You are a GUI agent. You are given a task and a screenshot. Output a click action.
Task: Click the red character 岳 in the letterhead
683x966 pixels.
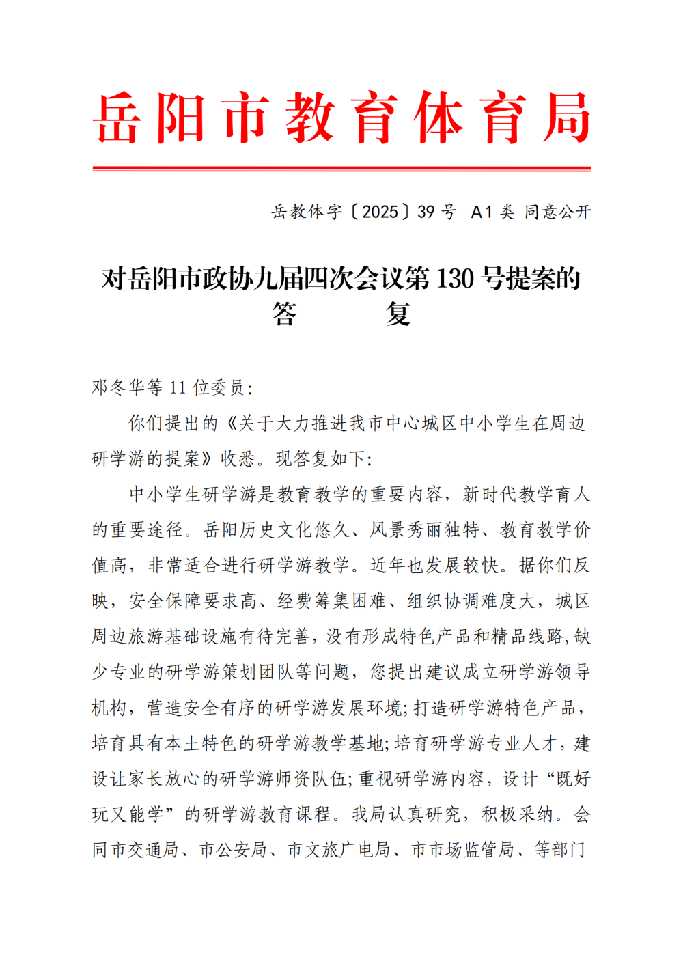click(x=117, y=118)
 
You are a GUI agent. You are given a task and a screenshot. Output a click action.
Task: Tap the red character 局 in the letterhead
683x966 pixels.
click(x=566, y=118)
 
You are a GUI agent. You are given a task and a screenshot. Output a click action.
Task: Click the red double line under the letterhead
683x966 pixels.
click(x=341, y=168)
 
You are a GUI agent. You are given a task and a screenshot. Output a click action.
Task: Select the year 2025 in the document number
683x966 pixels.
click(x=380, y=212)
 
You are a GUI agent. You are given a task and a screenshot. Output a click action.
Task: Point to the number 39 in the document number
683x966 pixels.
click(x=426, y=212)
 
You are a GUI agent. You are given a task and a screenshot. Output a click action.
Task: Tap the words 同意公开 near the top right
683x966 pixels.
click(x=557, y=212)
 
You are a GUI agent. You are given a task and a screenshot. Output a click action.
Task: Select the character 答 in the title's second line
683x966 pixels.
click(x=284, y=314)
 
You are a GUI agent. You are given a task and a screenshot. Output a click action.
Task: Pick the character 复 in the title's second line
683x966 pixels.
click(x=398, y=314)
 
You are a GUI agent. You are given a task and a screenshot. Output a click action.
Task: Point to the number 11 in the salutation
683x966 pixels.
click(x=178, y=388)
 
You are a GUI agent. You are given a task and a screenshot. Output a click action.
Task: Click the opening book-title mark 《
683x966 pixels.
click(x=228, y=424)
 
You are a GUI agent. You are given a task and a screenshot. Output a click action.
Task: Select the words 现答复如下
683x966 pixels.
click(x=320, y=459)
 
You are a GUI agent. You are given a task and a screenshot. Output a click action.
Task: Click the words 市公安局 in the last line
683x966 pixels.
click(x=233, y=850)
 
